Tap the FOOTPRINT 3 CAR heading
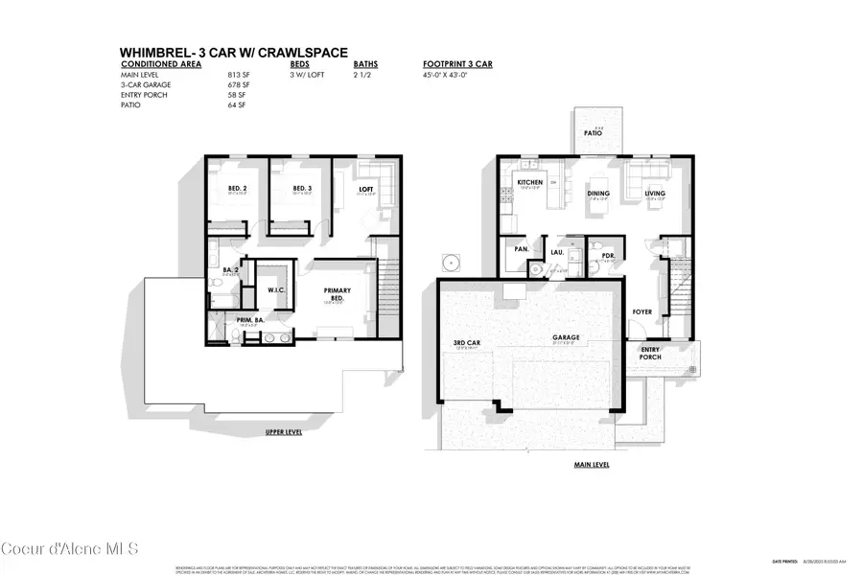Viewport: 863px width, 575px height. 458,64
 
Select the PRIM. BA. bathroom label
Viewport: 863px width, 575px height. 223,322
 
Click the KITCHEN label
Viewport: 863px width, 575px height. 530,182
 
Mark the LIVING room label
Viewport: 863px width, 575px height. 655,193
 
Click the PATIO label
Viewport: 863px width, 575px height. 595,134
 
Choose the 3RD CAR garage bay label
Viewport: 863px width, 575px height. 467,342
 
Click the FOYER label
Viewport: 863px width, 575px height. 641,312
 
